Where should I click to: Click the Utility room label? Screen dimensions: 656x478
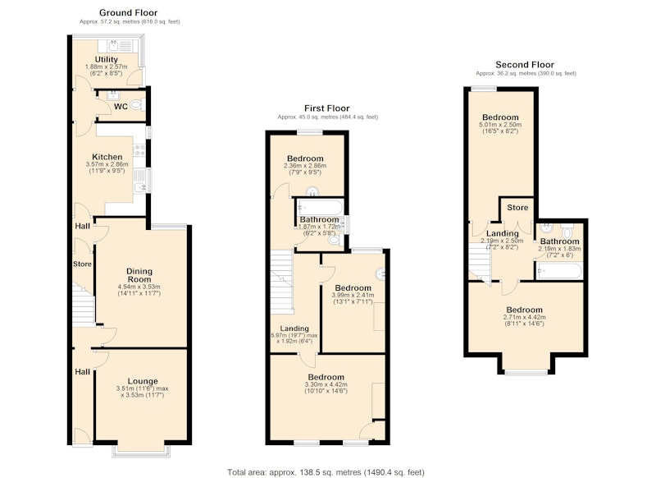point(107,59)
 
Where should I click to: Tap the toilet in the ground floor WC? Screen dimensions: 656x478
point(137,105)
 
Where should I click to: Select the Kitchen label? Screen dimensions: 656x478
point(107,157)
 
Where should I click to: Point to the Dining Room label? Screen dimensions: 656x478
point(139,275)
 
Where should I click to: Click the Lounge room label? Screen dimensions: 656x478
point(143,381)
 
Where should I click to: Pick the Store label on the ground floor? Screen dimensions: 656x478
point(82,264)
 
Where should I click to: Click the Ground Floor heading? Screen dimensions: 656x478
point(129,12)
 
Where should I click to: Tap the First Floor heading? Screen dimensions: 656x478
point(326,108)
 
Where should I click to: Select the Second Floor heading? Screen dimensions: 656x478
point(525,65)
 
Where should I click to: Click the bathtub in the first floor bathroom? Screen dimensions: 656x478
point(320,207)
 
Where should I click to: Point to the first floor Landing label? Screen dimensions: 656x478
point(294,329)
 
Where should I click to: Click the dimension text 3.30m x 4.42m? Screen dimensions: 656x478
point(326,384)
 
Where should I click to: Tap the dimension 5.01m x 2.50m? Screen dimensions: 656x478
point(500,124)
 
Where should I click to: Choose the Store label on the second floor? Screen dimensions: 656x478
point(517,207)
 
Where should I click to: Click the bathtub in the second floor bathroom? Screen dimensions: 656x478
point(559,271)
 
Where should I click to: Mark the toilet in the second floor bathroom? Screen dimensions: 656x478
point(567,232)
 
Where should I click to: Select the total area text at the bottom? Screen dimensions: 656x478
point(326,472)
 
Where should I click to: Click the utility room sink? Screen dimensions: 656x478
point(113,45)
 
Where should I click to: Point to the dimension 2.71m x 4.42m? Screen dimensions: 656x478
point(524,317)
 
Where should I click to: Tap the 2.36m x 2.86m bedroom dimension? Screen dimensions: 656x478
point(305,165)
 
